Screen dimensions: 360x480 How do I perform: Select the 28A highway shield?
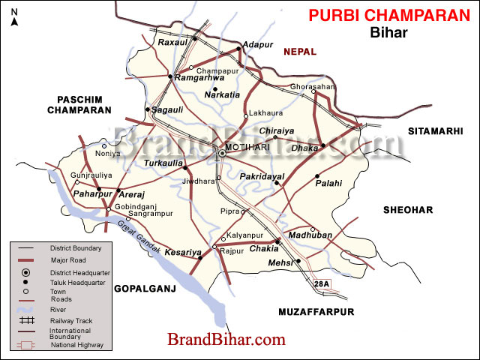tap(322, 284)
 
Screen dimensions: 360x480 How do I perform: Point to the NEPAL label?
tap(300, 52)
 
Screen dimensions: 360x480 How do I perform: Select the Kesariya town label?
tap(181, 252)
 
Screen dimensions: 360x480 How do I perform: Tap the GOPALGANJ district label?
tap(144, 287)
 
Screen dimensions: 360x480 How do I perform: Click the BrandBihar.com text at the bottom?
tap(226, 339)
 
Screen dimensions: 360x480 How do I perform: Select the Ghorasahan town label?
tap(313, 87)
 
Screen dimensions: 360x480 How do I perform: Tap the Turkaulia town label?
tap(163, 162)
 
